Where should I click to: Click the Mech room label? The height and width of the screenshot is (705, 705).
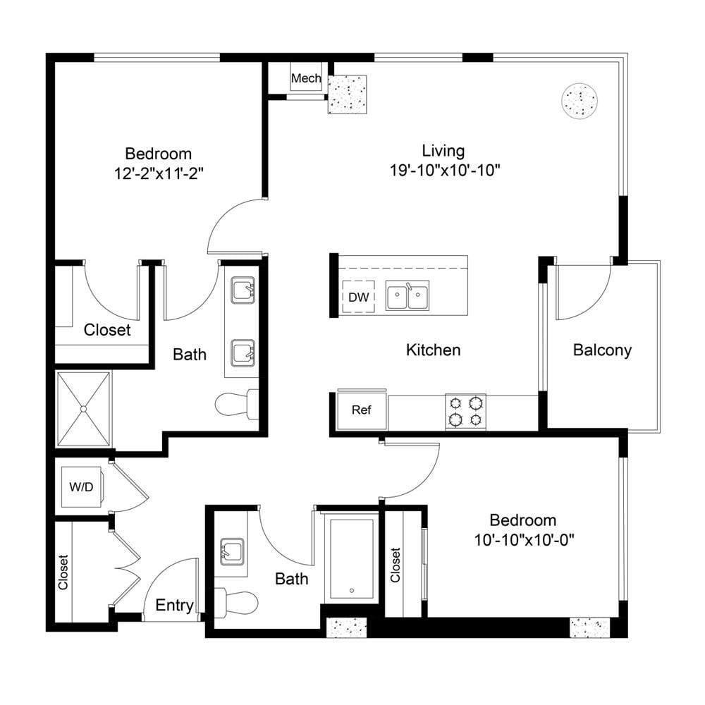[306, 78]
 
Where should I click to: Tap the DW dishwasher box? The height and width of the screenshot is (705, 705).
[358, 296]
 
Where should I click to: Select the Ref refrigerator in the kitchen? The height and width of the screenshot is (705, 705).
[362, 410]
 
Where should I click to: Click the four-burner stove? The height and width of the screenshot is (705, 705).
[465, 412]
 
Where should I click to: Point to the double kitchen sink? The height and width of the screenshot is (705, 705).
[407, 295]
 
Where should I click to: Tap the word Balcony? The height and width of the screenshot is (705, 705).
[602, 350]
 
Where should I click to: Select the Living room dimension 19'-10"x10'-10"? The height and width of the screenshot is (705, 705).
[445, 171]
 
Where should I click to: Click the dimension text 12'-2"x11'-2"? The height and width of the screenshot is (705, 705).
[159, 173]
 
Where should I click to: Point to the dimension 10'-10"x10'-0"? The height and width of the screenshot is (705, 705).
[525, 539]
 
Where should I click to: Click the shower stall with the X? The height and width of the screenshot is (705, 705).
[83, 409]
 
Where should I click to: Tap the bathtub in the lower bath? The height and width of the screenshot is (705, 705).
[352, 559]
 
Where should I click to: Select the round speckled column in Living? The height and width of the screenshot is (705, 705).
[580, 101]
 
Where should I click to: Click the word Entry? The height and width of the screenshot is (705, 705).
[174, 605]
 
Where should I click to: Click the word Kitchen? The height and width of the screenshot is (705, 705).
[434, 350]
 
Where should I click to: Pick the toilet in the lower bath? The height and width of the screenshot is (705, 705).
[236, 601]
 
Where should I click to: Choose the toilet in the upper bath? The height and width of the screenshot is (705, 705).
[237, 404]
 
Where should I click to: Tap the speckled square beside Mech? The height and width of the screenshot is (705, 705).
[347, 94]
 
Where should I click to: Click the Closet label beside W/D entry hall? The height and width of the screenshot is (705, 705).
[63, 572]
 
